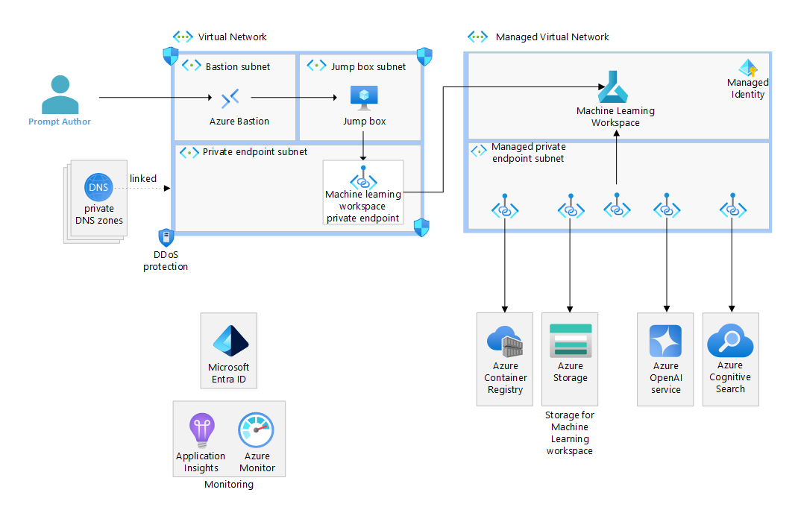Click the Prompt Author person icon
[x=60, y=95]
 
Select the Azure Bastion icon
[x=230, y=98]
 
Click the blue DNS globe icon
[x=98, y=187]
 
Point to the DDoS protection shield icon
[x=166, y=237]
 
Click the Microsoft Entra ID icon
[x=230, y=341]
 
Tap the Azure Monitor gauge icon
[x=256, y=430]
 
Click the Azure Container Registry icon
[x=505, y=341]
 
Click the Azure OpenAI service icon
[x=665, y=341]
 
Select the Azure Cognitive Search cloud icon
[x=730, y=340]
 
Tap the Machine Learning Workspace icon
[x=613, y=87]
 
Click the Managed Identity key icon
[x=748, y=68]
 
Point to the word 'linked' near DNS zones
[x=143, y=179]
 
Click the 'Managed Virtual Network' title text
[x=552, y=37]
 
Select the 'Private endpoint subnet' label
[x=255, y=151]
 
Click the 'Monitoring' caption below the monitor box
[x=229, y=484]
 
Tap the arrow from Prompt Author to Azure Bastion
[x=155, y=97]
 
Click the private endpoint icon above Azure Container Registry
[x=505, y=206]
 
